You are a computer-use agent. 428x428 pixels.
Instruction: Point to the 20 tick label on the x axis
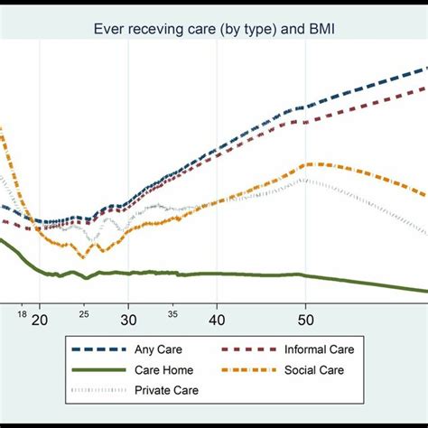click(x=40, y=321)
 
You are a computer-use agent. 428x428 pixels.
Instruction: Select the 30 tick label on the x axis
click(x=128, y=321)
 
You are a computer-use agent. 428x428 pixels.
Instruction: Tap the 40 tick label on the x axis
click(x=217, y=321)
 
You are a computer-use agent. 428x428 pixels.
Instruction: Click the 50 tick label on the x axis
click(x=305, y=321)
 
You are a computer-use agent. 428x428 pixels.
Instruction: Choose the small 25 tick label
click(x=84, y=314)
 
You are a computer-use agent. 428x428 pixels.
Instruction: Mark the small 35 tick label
click(x=172, y=314)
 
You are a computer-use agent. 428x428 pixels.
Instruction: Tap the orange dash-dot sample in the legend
click(x=242, y=369)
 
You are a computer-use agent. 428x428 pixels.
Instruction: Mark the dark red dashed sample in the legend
click(x=242, y=349)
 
